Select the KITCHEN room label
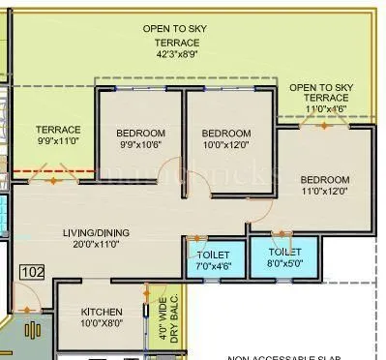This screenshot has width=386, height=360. click(101, 312)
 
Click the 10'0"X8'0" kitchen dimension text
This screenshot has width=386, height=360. click(101, 324)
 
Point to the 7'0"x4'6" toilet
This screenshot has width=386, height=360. click(214, 258)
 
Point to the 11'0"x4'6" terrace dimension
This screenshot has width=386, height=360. click(322, 109)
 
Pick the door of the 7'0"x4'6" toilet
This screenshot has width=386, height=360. click(198, 237)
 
